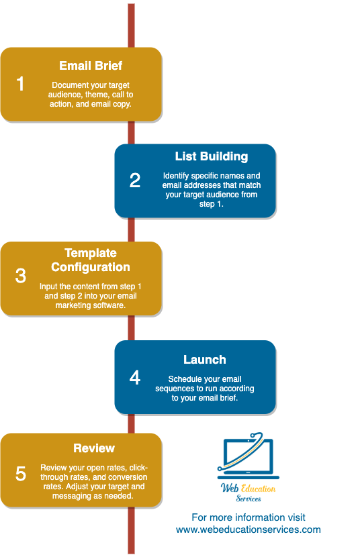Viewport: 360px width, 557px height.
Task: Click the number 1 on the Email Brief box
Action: pos(21,84)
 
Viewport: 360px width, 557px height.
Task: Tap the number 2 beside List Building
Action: pos(135,181)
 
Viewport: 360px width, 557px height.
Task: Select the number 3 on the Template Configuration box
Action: pos(21,276)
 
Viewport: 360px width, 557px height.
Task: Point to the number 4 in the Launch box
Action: pos(135,377)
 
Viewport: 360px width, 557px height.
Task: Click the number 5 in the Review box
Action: pos(21,473)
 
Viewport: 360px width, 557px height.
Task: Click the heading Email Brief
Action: pos(91,66)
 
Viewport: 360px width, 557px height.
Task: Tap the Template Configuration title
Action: pos(91,260)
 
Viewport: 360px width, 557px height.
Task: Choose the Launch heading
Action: pos(205,360)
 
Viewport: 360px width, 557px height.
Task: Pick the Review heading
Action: pos(94,448)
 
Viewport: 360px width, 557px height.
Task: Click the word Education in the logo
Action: pos(259,488)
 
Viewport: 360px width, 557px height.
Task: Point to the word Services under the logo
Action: pos(248,499)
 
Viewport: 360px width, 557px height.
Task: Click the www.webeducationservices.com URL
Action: pos(249,529)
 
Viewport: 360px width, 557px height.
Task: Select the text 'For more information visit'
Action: pos(249,517)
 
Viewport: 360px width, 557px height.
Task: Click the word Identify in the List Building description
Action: pos(178,176)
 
